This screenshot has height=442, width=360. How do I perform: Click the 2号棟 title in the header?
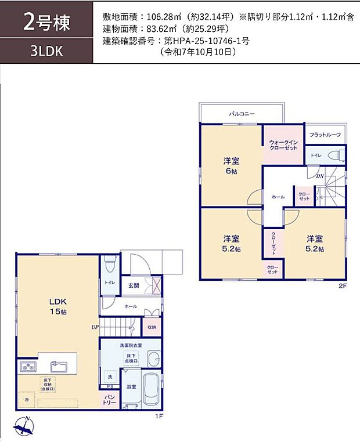[46, 23]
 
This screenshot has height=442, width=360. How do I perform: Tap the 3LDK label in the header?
[46, 50]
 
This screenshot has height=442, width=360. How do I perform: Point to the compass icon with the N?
[23, 428]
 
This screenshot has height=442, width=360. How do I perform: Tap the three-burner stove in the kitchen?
[28, 367]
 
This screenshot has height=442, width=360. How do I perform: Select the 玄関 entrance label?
[133, 285]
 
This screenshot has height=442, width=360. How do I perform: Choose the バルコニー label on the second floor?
[242, 114]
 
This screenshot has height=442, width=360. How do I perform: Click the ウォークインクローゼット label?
[282, 145]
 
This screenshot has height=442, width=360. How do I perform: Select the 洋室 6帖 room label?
[232, 166]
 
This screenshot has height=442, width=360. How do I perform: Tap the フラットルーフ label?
[325, 135]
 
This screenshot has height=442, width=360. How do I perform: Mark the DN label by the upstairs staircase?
[319, 176]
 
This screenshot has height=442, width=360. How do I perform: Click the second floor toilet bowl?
[334, 155]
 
